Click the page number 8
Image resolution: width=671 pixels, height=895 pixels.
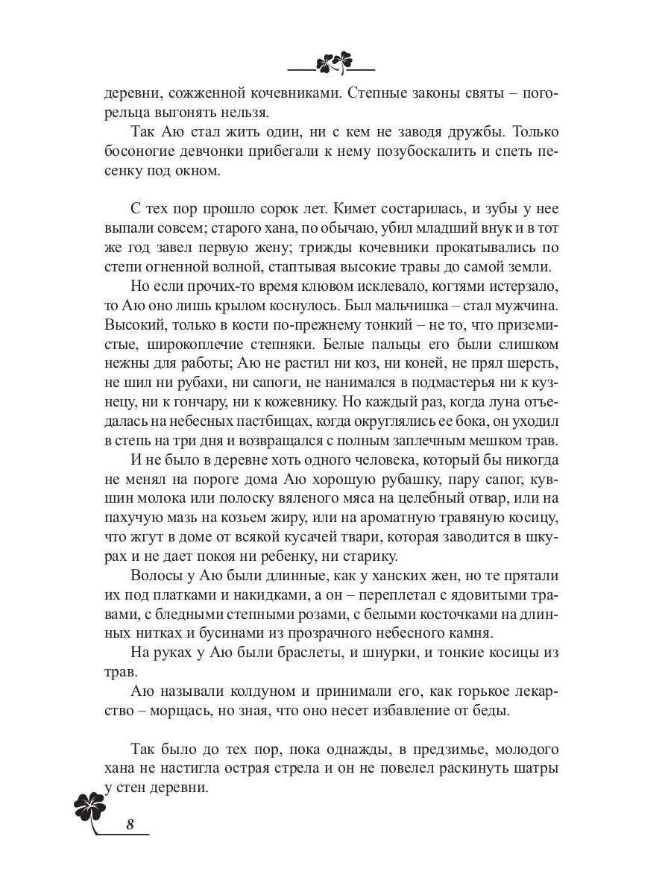click(130, 824)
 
